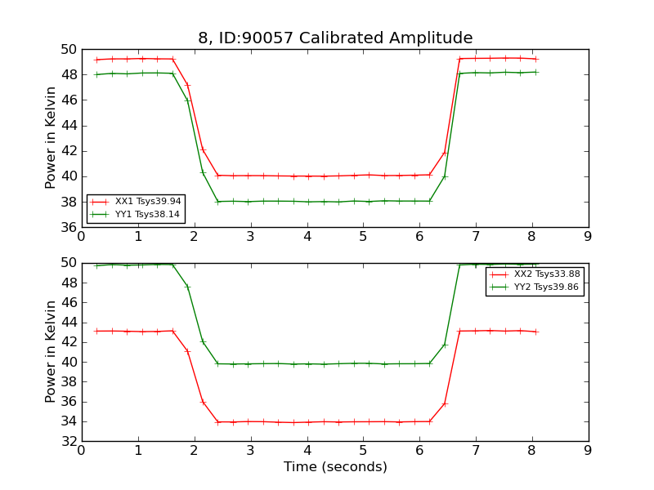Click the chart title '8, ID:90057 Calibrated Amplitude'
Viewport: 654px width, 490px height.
335,38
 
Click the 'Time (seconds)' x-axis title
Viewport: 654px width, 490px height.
335,467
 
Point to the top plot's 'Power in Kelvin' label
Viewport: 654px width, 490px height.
51,137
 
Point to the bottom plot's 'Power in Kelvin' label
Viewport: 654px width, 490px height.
51,351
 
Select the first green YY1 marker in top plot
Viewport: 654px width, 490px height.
96,74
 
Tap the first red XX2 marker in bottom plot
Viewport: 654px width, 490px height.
96,331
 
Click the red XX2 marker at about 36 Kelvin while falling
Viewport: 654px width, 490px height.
202,402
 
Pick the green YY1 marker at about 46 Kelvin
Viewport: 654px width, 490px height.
187,100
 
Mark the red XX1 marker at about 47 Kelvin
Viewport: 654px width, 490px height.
187,85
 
